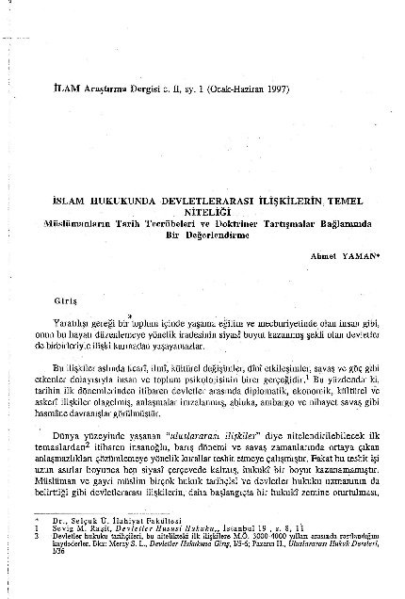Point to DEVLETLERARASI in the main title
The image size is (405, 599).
[202, 202]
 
